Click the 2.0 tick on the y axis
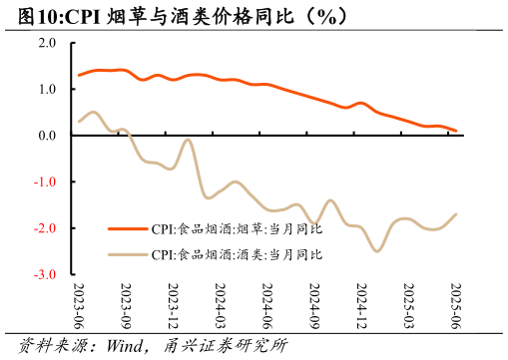(x=47, y=43)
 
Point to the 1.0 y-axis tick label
(x=47, y=89)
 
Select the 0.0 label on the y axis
(x=47, y=136)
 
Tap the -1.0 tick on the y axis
(x=46, y=181)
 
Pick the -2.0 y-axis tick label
(x=46, y=228)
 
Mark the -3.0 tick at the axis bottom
(x=46, y=274)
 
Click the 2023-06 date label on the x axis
(x=79, y=305)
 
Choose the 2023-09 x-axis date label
(x=126, y=305)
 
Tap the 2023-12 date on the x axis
(x=173, y=305)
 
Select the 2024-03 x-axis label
(x=220, y=305)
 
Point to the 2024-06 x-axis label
(x=266, y=305)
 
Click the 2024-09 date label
(x=314, y=305)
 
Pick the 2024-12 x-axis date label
(x=361, y=305)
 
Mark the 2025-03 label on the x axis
(x=408, y=305)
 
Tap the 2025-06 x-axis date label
(x=456, y=305)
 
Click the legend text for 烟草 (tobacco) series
(x=238, y=228)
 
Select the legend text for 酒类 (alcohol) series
(x=238, y=254)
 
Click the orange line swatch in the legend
(x=128, y=228)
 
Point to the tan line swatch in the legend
(x=128, y=254)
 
